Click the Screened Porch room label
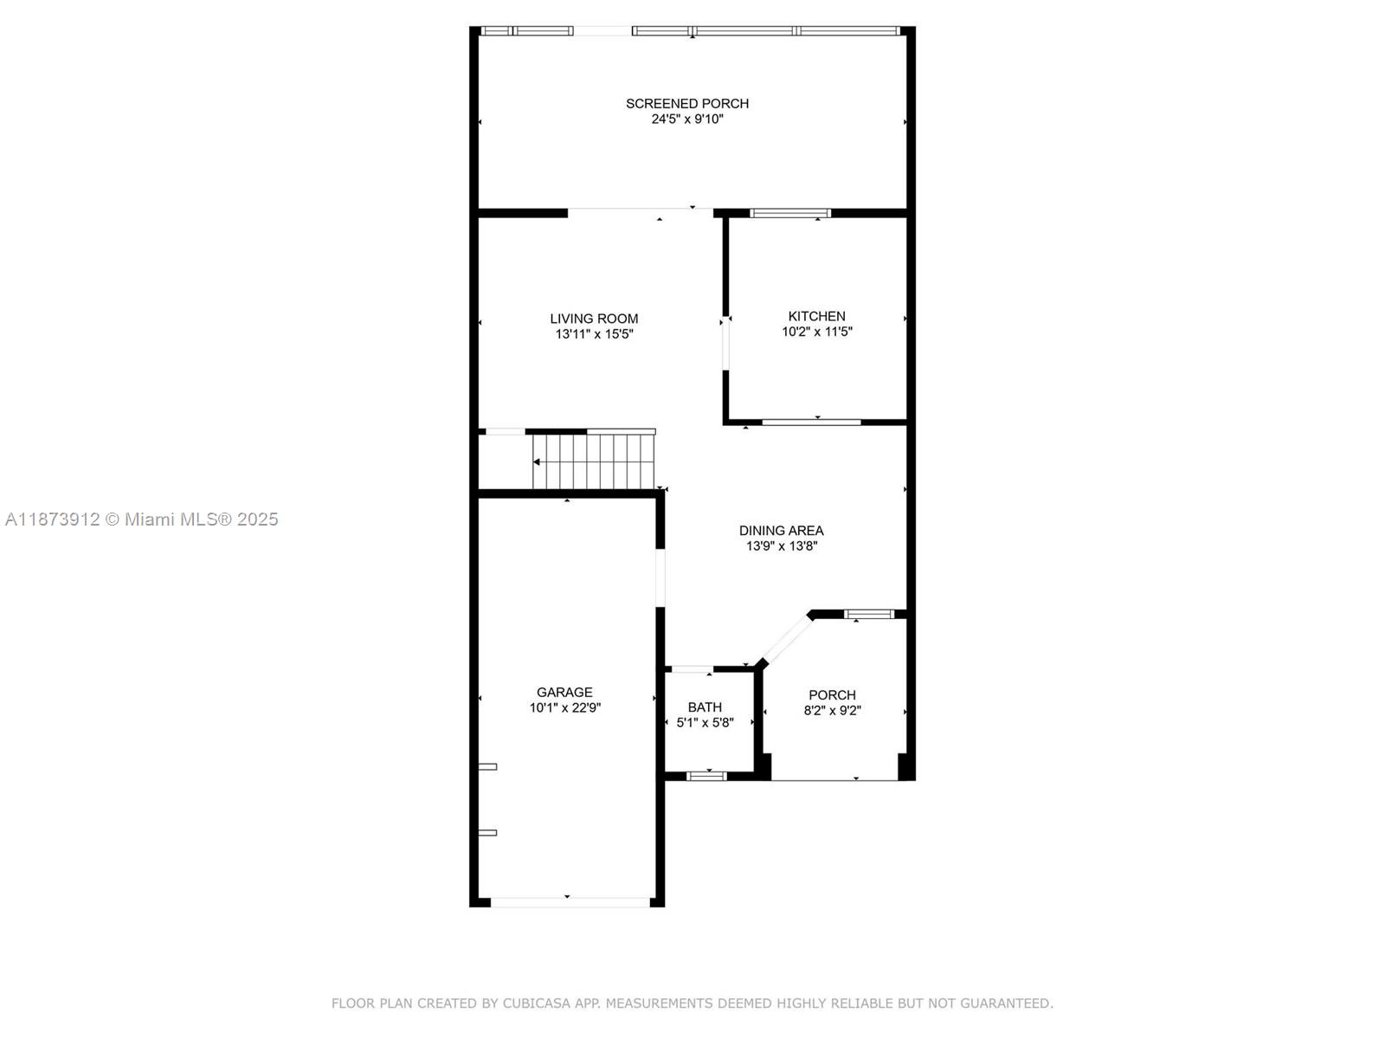point(687,103)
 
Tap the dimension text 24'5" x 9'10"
point(687,119)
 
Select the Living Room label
point(594,319)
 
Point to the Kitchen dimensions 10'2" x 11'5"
point(816,332)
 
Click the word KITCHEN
point(816,316)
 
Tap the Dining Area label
point(781,531)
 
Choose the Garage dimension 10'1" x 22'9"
point(564,707)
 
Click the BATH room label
point(705,707)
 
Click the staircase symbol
point(594,461)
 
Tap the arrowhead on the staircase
point(538,462)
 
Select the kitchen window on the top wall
point(790,213)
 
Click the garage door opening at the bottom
point(568,902)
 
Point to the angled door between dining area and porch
point(785,640)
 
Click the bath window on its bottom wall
point(706,776)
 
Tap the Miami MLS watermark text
point(141,519)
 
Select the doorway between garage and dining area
point(660,578)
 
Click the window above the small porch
point(868,614)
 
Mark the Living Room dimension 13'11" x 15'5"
point(594,334)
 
